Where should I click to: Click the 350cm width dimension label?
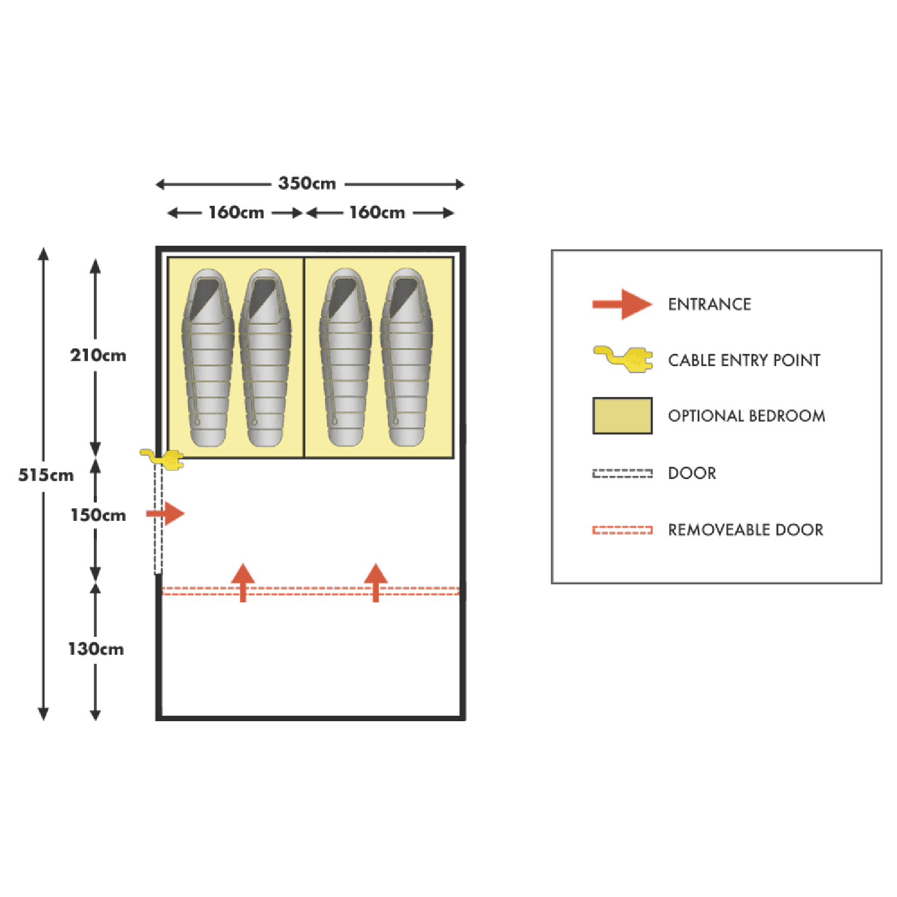point(307,183)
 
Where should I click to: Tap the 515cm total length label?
point(45,475)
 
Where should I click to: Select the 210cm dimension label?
point(98,355)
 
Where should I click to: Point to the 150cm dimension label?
point(98,515)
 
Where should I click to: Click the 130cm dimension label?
point(96,649)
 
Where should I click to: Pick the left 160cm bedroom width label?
point(236,212)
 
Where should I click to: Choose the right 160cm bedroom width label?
point(377,212)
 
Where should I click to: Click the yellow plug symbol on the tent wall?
point(163,459)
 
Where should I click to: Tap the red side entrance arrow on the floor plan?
point(166,514)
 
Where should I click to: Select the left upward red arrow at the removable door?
point(243,581)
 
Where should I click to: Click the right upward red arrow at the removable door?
point(376,581)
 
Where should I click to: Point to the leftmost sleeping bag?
point(208,357)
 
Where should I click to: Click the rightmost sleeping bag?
point(406,357)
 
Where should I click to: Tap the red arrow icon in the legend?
point(622,304)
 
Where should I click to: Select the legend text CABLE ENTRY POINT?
point(745,360)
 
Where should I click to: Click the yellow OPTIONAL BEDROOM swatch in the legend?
point(622,416)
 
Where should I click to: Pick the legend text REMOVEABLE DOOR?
point(746,530)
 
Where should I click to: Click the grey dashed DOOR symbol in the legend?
point(622,474)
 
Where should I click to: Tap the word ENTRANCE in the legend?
point(710,304)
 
